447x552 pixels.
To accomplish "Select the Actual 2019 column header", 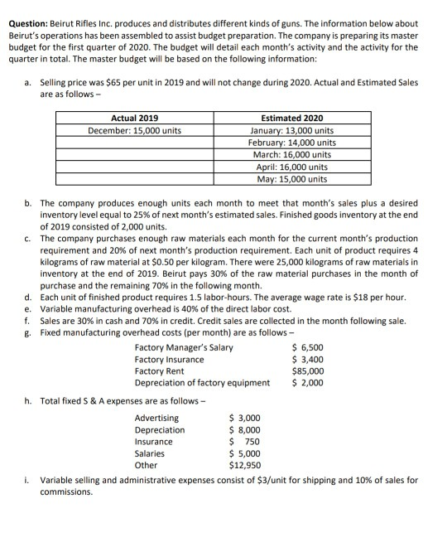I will (x=134, y=119).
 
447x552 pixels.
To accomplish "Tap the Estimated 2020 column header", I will (x=291, y=119).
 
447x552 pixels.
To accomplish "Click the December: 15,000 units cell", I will (x=134, y=131).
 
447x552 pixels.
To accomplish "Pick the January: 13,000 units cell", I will (x=291, y=131).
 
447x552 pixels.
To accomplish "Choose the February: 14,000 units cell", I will (x=291, y=143).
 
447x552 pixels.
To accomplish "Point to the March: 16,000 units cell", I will (x=291, y=154).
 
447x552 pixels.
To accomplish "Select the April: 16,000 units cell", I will (x=291, y=167).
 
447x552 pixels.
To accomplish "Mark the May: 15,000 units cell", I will (x=291, y=178).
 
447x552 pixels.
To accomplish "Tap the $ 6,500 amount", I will (x=308, y=348).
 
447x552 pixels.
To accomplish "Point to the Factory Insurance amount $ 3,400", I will (x=308, y=360).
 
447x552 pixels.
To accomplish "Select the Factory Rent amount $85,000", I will (x=308, y=371).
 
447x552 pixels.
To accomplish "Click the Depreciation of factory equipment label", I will (x=202, y=383).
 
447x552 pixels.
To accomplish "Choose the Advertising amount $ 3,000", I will (x=244, y=419).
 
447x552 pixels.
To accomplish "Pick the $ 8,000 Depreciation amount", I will (x=244, y=430).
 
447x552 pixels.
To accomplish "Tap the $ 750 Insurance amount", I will (x=244, y=442).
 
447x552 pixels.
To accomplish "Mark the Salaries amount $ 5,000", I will (x=244, y=454).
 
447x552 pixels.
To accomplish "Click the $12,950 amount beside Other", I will (x=244, y=466).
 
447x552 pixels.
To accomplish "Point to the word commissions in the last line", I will (x=66, y=491).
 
